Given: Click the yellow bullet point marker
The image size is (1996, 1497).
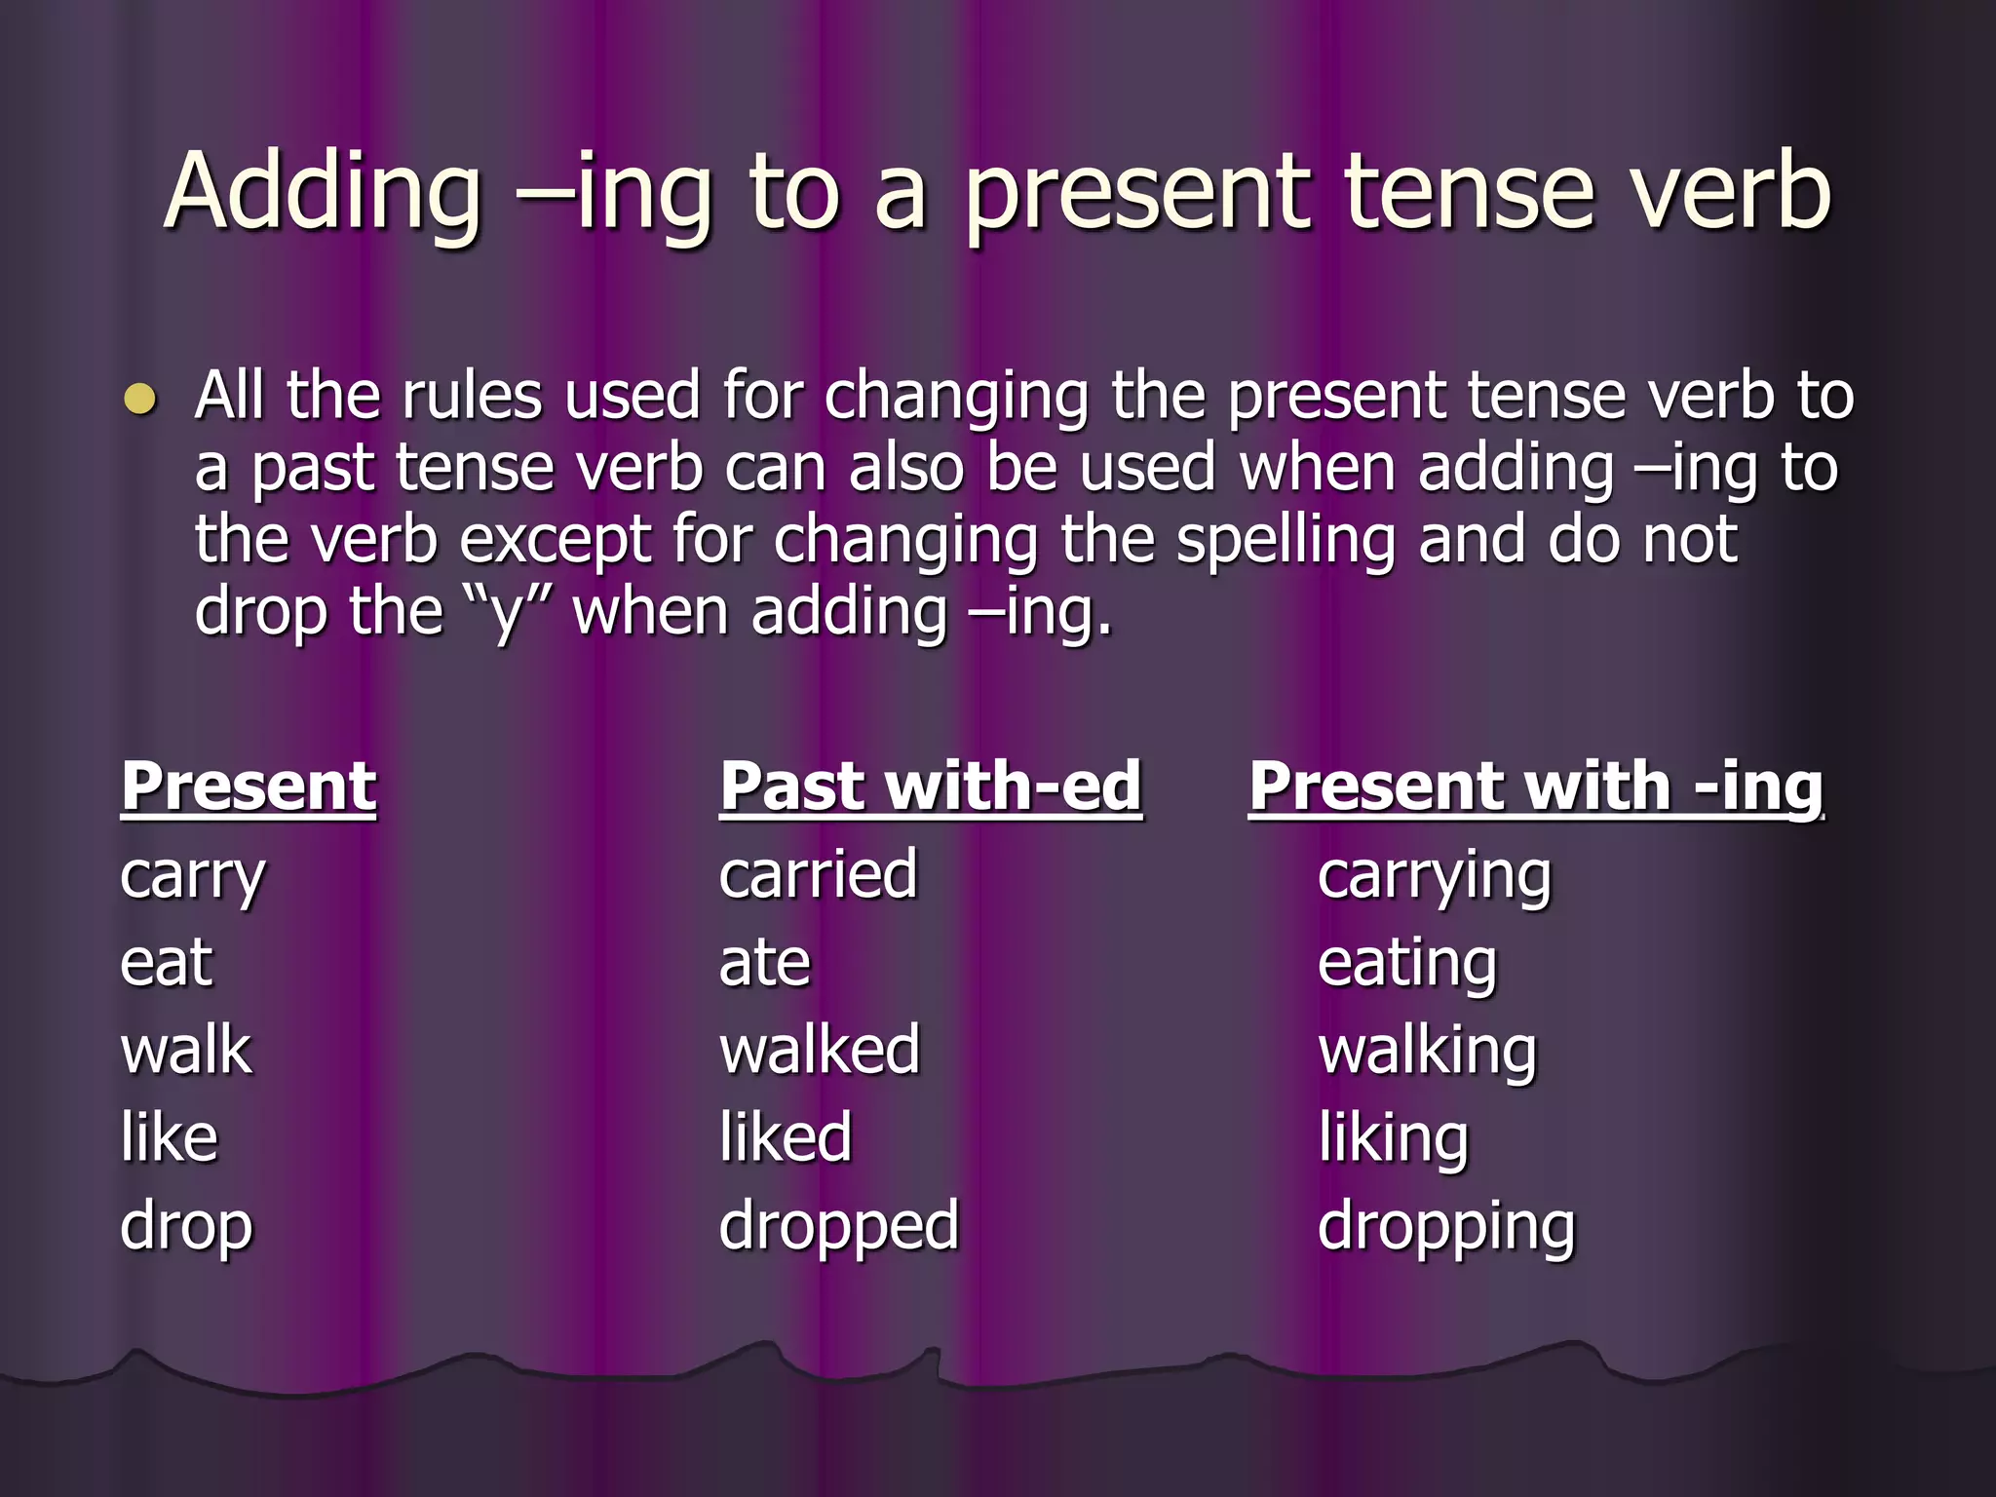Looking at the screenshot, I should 140,400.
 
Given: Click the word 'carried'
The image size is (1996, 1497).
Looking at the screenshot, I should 819,874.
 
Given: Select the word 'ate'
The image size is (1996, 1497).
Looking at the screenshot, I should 764,962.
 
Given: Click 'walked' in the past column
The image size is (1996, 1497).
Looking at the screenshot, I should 820,1050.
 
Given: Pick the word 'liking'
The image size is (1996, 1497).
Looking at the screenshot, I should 1393,1139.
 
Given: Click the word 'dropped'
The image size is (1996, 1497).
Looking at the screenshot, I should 839,1227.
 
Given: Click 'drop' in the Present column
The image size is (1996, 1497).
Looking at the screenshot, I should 186,1227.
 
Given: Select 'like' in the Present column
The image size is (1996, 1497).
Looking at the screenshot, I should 169,1137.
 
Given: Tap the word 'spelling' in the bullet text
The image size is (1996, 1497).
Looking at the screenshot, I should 1286,542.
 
